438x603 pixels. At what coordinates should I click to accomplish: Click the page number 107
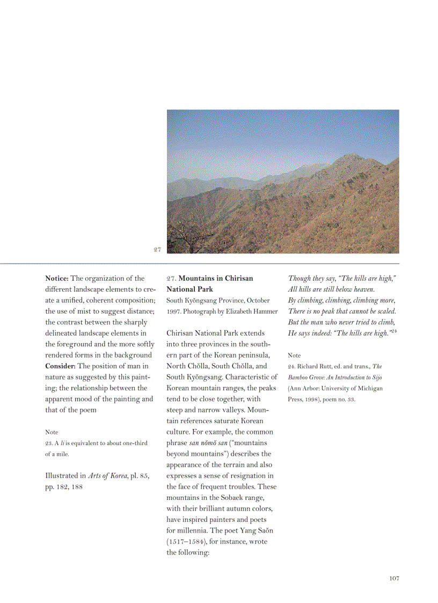[x=394, y=578]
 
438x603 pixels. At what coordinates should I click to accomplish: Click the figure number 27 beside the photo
[x=157, y=249]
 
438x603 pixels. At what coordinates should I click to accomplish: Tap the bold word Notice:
[x=57, y=278]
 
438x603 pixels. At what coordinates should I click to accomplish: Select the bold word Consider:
[x=61, y=366]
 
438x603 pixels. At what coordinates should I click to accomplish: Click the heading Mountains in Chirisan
[x=216, y=278]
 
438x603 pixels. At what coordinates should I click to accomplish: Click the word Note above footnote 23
[x=52, y=432]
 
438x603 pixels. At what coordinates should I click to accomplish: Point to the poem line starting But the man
[x=341, y=322]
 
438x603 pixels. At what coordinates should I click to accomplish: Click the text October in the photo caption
[x=258, y=301]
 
